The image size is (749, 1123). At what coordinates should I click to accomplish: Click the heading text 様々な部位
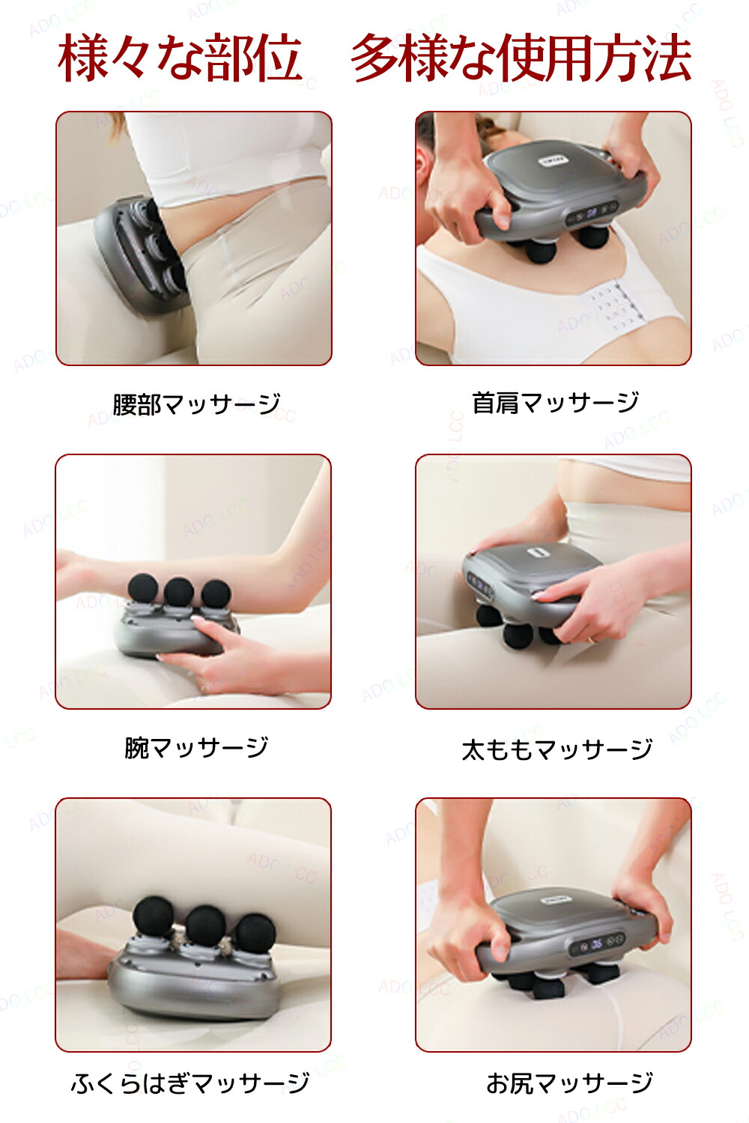pyautogui.click(x=180, y=58)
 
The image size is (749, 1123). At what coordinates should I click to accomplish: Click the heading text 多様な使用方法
pyautogui.click(x=521, y=58)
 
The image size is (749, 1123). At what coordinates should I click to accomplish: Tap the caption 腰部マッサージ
pyautogui.click(x=196, y=404)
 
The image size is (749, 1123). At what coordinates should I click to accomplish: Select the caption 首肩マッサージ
pyautogui.click(x=555, y=403)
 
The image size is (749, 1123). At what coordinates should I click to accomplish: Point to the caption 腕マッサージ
pyautogui.click(x=196, y=747)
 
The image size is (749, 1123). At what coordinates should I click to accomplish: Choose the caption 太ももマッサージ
pyautogui.click(x=557, y=749)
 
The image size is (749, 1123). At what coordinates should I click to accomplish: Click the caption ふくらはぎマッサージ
pyautogui.click(x=190, y=1083)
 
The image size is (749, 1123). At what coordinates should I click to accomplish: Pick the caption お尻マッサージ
pyautogui.click(x=569, y=1083)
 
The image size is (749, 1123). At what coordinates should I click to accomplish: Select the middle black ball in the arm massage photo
pyautogui.click(x=179, y=591)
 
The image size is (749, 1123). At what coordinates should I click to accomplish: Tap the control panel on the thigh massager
pyautogui.click(x=478, y=584)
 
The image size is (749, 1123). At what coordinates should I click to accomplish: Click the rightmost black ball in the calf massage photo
pyautogui.click(x=255, y=932)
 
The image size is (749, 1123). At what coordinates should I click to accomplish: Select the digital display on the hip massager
pyautogui.click(x=595, y=944)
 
